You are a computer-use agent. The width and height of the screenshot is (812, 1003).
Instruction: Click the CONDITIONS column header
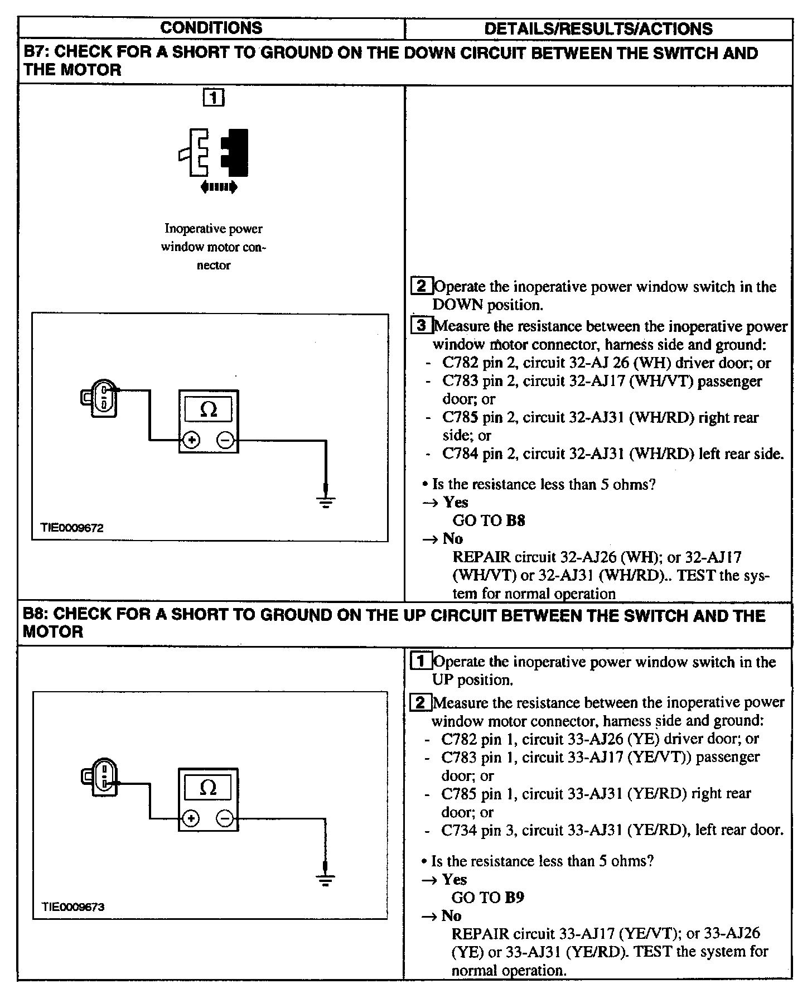point(211,28)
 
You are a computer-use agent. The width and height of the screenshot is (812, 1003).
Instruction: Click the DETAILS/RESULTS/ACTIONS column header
point(598,28)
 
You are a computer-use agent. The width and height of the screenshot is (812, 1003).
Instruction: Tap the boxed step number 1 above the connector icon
point(214,98)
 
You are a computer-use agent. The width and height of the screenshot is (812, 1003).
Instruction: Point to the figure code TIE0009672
point(71,527)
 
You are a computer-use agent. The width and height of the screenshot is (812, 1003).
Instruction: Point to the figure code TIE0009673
point(72,906)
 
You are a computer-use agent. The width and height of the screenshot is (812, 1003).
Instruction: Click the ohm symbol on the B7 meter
point(208,410)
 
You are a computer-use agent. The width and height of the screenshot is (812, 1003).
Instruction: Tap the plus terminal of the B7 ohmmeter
point(191,440)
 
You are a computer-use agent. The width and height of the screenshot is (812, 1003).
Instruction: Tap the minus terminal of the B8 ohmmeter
point(225,818)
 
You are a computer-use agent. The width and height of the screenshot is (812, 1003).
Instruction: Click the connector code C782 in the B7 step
point(461,363)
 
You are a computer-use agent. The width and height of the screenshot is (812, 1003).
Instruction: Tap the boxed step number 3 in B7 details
point(422,325)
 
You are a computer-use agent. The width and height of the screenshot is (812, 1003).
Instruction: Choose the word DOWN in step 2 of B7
point(457,305)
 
